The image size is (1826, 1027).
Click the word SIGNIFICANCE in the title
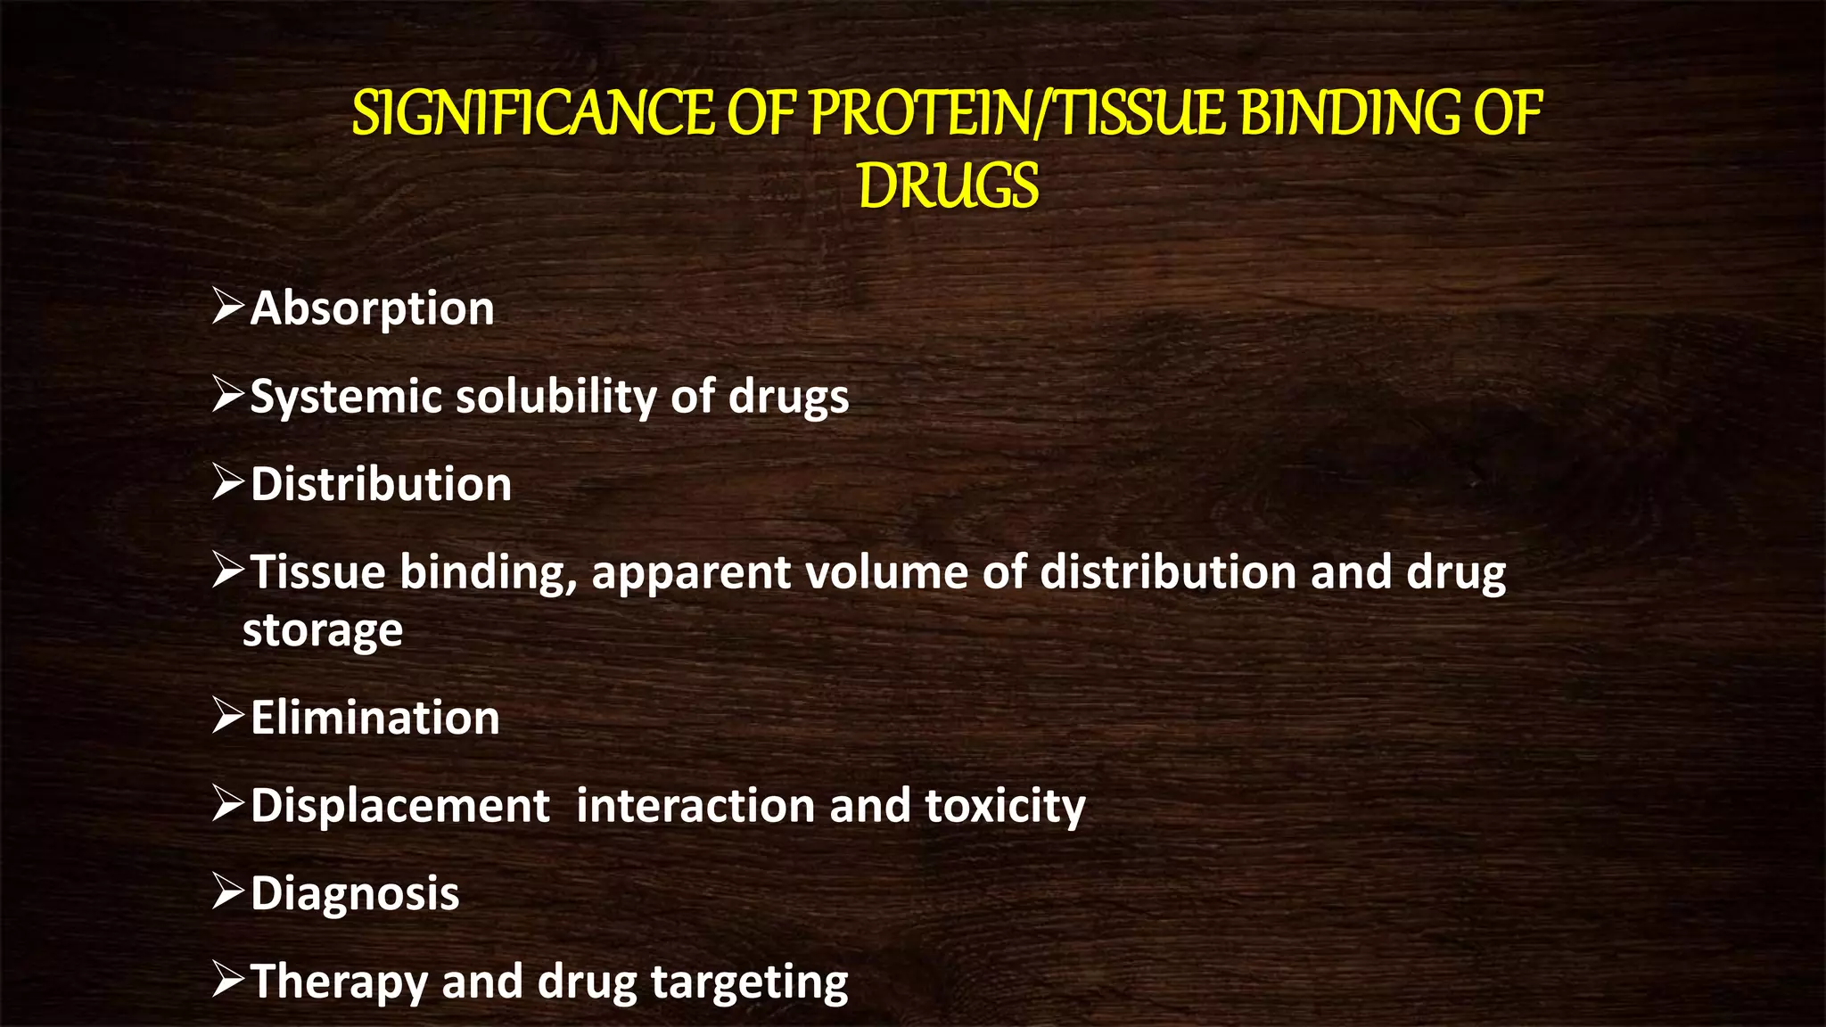531,114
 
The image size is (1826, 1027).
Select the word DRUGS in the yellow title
949,187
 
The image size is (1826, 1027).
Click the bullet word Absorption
372,308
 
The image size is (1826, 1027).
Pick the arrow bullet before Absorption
228,306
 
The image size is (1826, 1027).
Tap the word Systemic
346,398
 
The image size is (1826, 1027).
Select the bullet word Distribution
381,484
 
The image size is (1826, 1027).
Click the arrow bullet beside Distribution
228,482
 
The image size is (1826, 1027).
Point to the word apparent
691,573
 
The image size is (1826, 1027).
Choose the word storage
323,631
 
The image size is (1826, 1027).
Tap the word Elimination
375,718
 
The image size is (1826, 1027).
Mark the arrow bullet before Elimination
228,716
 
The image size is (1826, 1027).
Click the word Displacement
400,806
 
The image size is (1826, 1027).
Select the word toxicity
1005,807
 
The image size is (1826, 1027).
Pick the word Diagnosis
355,893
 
